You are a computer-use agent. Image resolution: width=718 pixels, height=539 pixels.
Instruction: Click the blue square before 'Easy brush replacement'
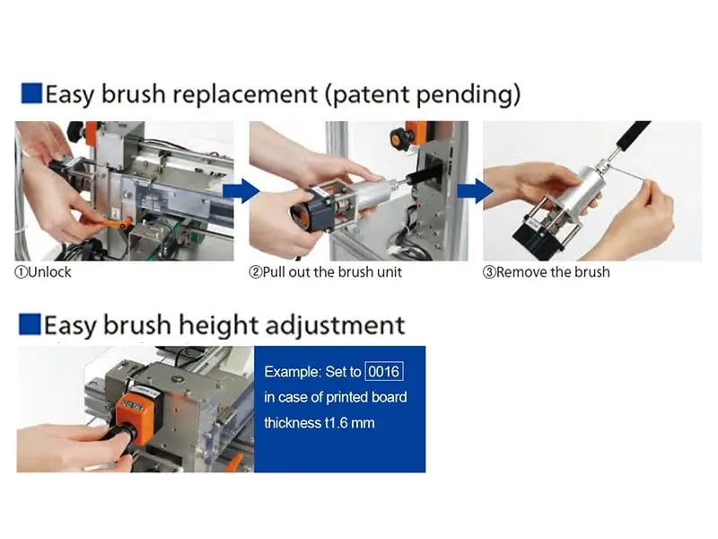31,93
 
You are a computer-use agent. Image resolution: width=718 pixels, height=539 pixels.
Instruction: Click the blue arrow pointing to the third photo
473,190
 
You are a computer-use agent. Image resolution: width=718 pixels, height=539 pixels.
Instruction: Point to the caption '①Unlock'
43,271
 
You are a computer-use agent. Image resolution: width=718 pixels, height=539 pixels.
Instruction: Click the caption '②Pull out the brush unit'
326,271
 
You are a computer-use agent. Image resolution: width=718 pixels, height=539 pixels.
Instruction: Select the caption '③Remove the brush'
547,271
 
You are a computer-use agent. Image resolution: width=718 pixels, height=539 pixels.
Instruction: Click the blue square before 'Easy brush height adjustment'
31,323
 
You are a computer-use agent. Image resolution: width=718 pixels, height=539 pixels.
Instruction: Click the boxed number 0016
385,371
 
